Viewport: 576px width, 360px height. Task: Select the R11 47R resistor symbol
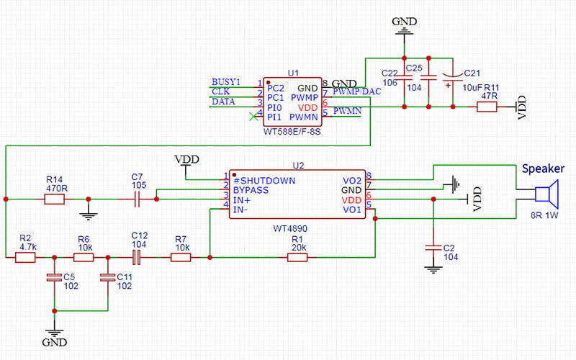click(487, 107)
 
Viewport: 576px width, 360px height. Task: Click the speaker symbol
click(546, 194)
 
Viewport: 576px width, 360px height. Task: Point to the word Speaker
click(544, 168)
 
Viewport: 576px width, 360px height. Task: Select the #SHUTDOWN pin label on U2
click(264, 180)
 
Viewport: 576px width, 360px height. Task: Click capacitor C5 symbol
click(53, 276)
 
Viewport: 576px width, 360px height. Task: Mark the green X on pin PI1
click(252, 116)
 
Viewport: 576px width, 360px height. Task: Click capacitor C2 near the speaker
click(433, 247)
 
